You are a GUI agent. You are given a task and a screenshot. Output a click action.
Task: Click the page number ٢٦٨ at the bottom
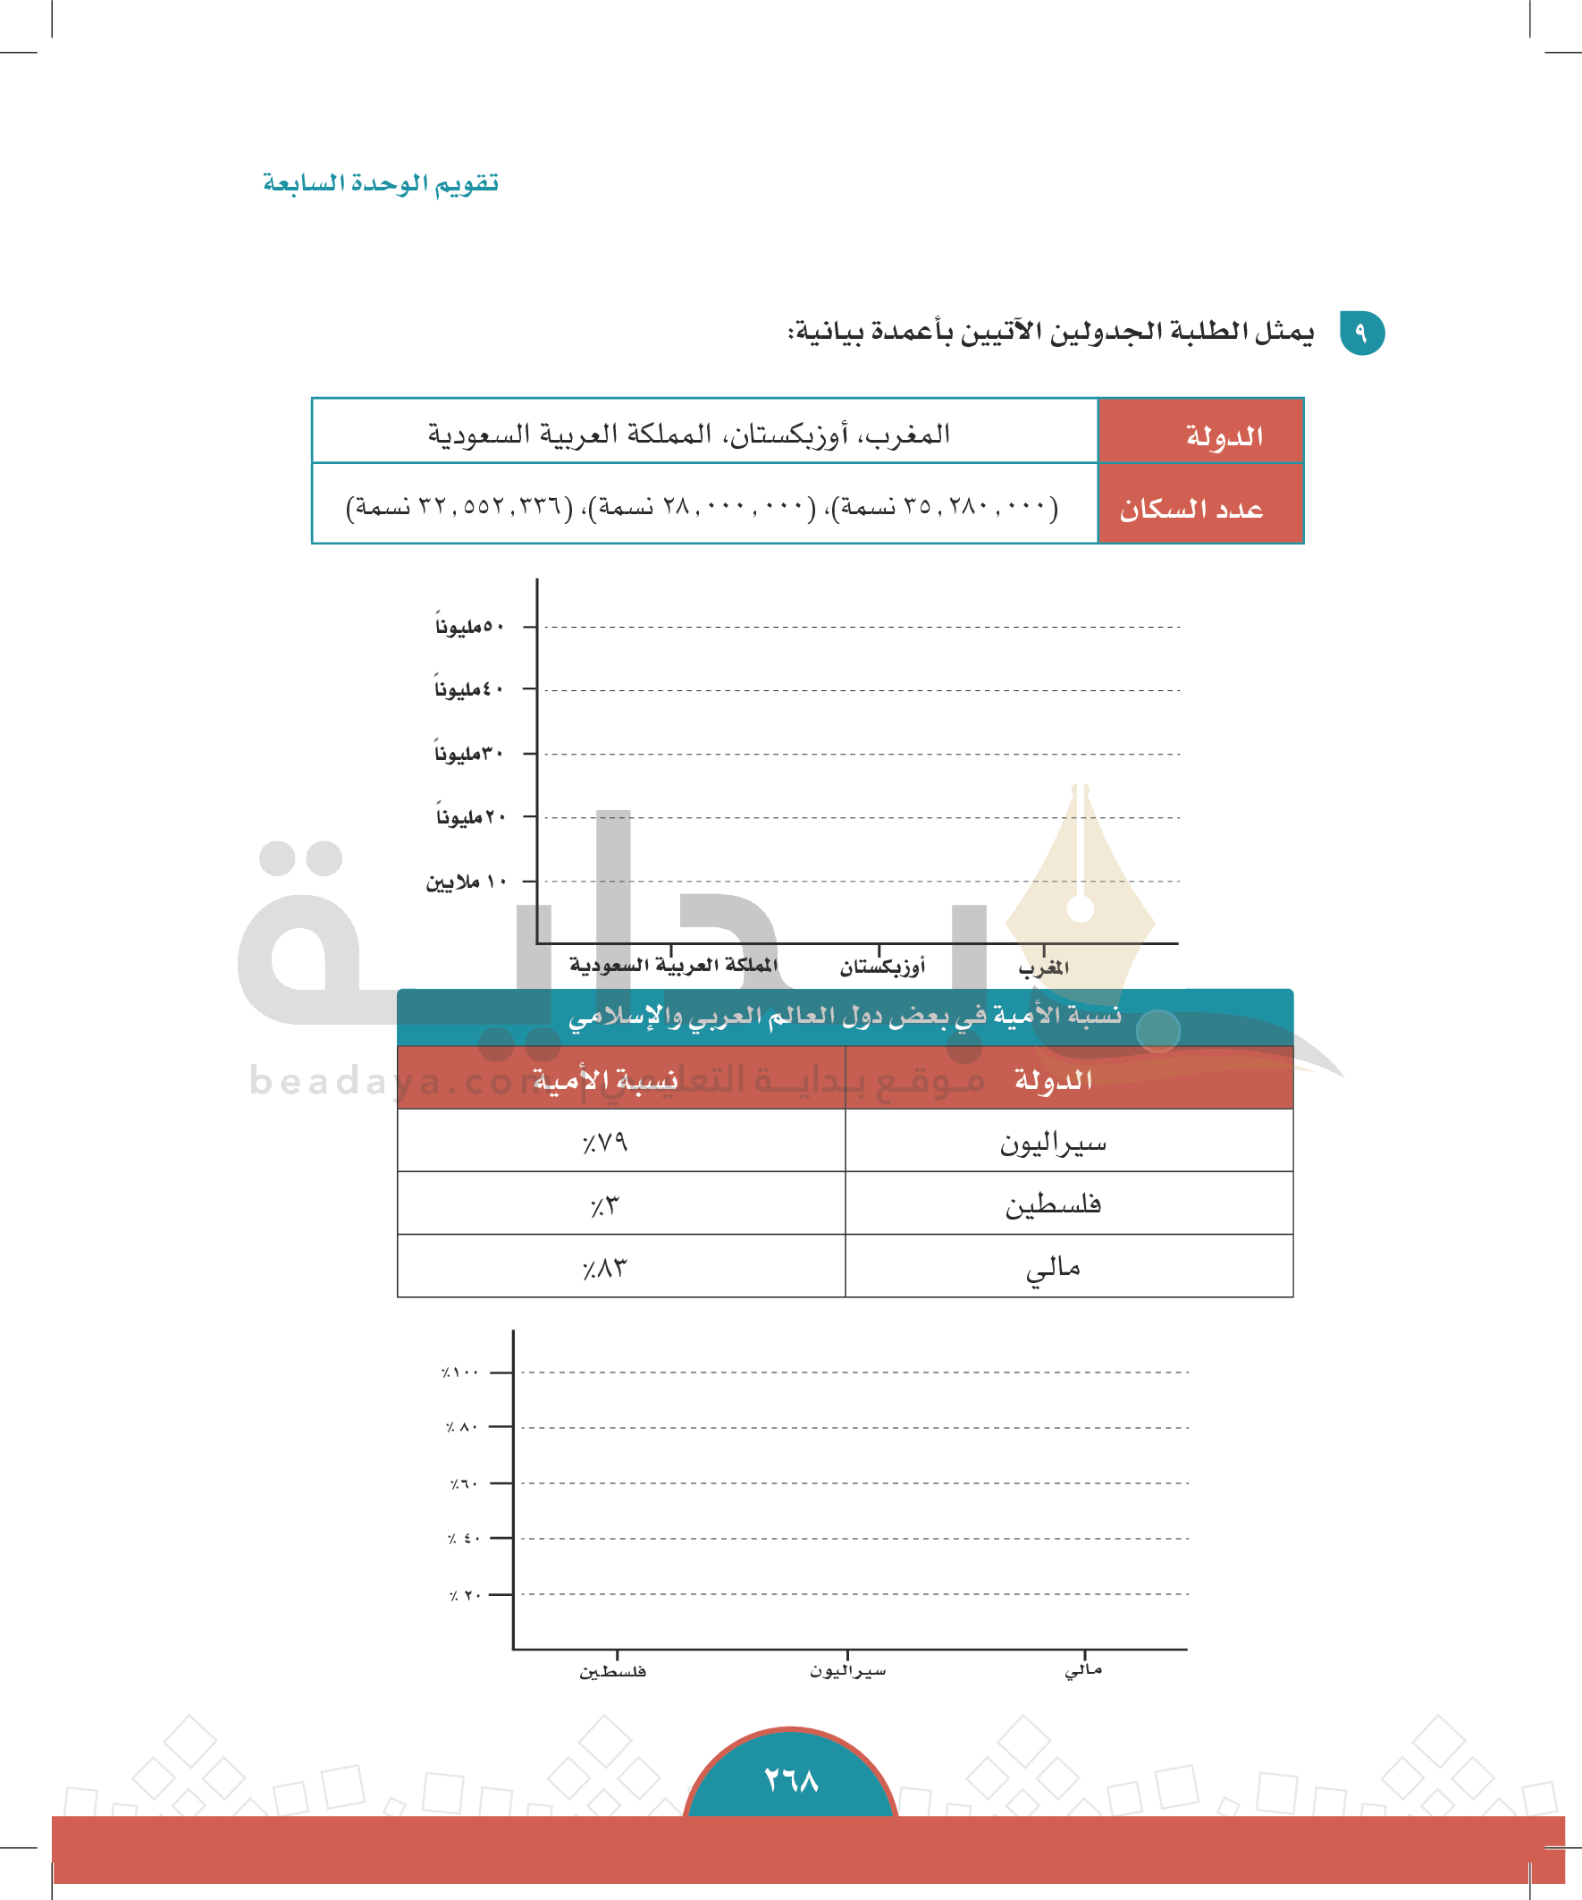[790, 1780]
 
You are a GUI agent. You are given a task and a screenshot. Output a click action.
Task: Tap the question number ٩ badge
[1361, 333]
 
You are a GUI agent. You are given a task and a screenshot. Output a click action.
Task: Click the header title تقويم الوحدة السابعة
[381, 183]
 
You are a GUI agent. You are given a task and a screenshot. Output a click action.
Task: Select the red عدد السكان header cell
[1199, 509]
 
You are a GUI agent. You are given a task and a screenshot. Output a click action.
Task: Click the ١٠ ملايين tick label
[466, 882]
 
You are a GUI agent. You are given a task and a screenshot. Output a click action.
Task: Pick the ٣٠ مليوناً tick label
[467, 754]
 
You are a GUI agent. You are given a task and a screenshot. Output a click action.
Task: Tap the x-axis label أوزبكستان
[882, 967]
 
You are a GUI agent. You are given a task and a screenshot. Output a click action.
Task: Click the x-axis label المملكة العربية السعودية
[673, 966]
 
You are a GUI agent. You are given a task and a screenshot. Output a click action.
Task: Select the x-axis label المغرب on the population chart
[1043, 968]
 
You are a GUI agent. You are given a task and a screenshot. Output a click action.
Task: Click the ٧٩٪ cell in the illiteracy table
[605, 1142]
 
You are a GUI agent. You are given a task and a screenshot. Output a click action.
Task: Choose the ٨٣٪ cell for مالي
[605, 1268]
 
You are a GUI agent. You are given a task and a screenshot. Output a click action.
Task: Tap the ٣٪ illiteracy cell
[605, 1205]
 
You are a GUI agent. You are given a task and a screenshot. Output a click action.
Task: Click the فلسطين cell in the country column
[1053, 1204]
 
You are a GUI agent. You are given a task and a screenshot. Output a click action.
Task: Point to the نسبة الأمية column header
[605, 1079]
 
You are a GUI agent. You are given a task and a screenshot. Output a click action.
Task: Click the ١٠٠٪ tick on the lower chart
[460, 1372]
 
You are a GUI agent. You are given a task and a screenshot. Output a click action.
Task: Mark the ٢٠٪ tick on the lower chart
[464, 1595]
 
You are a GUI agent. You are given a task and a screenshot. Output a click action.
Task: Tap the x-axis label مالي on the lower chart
[1083, 1670]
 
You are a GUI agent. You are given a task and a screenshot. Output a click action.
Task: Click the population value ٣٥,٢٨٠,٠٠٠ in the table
[946, 507]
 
